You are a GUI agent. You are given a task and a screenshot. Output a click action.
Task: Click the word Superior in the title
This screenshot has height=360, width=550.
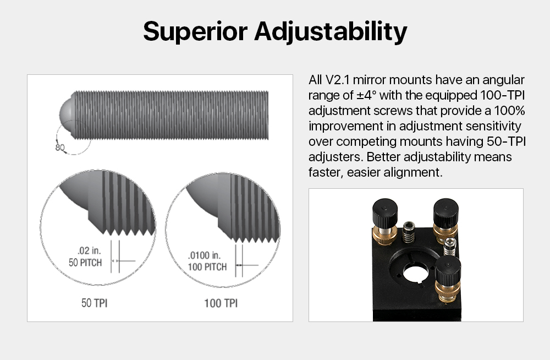(x=195, y=31)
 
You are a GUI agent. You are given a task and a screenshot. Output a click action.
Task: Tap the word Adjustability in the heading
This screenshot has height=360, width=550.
(x=331, y=32)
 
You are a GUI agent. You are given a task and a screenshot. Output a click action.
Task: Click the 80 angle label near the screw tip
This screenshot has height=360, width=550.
(x=60, y=147)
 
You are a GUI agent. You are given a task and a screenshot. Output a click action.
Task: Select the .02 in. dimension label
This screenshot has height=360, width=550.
(x=89, y=251)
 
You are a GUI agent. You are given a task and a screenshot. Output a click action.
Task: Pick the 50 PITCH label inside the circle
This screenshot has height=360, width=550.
(x=85, y=263)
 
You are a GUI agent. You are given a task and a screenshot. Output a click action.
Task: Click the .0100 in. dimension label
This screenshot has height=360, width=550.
(x=204, y=255)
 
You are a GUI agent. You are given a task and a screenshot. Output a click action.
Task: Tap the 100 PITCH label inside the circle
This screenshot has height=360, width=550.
(x=207, y=267)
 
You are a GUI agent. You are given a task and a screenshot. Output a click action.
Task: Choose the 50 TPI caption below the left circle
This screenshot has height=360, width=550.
(x=95, y=303)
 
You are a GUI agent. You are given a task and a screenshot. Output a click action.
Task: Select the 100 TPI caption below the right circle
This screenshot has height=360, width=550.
(x=221, y=303)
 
